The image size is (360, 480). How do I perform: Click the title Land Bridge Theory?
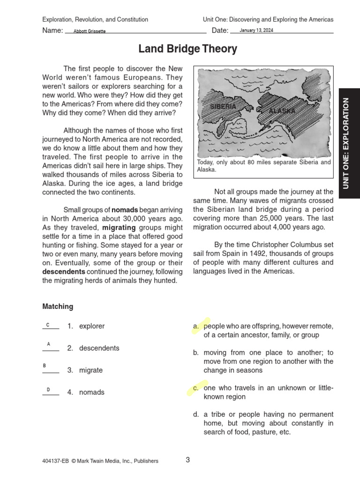click(187, 49)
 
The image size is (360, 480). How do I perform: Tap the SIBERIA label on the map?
click(223, 107)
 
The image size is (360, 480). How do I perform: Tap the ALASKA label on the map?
click(282, 111)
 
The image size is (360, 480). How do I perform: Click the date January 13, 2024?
click(256, 30)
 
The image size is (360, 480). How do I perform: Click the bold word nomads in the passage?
click(124, 210)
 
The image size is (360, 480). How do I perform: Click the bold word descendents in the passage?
click(64, 272)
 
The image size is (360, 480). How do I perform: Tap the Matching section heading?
click(58, 307)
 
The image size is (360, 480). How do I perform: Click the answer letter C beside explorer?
click(48, 325)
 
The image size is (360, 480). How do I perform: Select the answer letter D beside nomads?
click(48, 390)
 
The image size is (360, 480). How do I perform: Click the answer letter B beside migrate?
click(45, 365)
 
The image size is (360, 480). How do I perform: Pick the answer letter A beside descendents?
click(48, 344)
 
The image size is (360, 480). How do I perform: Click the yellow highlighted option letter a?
click(195, 326)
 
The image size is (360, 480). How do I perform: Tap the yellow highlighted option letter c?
click(195, 388)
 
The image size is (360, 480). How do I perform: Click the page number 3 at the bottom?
click(187, 460)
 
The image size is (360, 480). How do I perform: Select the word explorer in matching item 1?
click(92, 326)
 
